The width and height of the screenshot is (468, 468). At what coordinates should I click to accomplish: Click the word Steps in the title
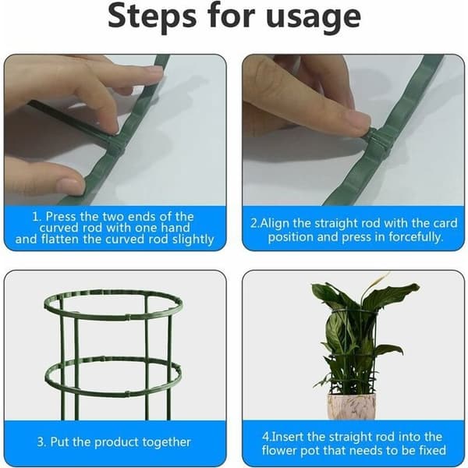tap(152, 16)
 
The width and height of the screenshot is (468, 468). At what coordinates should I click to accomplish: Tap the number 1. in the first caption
tap(37, 217)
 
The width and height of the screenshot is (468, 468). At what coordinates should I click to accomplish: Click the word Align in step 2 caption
tap(275, 224)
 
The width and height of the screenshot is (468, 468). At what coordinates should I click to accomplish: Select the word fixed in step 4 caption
tap(431, 450)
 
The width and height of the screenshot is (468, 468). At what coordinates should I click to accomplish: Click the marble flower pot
tap(352, 406)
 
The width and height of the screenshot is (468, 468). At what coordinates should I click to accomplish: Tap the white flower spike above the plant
tap(377, 281)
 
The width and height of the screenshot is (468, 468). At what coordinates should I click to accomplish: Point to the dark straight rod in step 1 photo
tap(72, 120)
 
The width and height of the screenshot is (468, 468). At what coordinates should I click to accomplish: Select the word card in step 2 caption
tap(445, 224)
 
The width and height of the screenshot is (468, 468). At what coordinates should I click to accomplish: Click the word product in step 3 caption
tap(116, 443)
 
